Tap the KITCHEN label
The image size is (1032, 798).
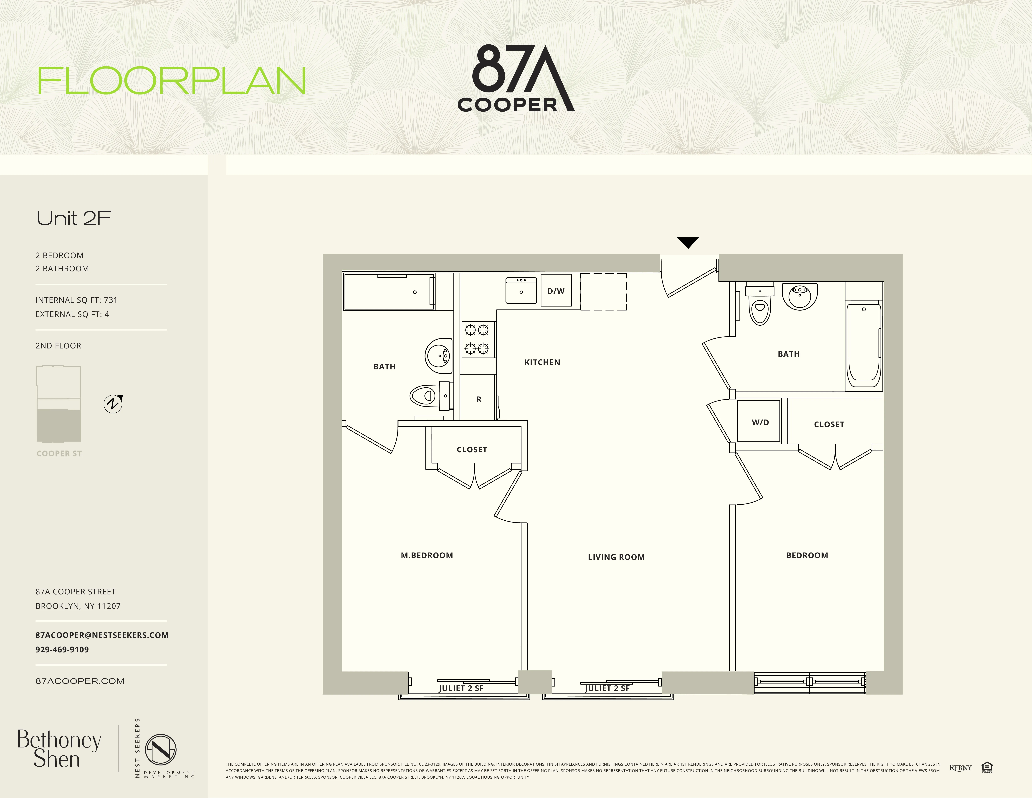click(542, 362)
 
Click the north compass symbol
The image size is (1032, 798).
click(113, 404)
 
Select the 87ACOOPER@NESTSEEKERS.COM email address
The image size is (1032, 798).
click(102, 635)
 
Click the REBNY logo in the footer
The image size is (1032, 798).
click(960, 768)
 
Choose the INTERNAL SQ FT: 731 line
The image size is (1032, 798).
click(76, 300)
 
